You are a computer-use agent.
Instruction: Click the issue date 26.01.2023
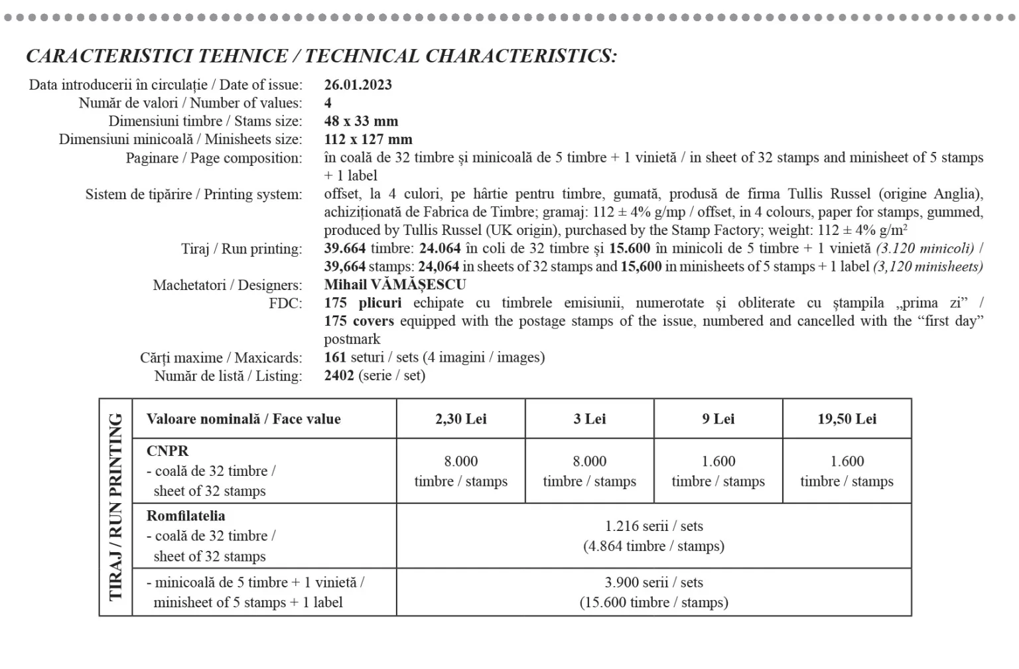[x=358, y=85]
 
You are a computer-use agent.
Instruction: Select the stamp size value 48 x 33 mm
[x=361, y=121]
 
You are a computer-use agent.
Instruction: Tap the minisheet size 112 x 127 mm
[x=368, y=140]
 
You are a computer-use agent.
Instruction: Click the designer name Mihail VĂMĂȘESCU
[x=395, y=285]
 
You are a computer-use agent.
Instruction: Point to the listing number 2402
[x=339, y=376]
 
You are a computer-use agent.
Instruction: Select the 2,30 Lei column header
[x=460, y=419]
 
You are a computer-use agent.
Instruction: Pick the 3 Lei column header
[x=589, y=419]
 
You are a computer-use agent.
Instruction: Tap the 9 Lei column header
[x=718, y=419]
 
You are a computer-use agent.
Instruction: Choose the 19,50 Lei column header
[x=847, y=419]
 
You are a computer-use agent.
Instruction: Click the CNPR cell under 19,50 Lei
[x=847, y=471]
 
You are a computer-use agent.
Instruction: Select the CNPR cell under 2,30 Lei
[x=460, y=471]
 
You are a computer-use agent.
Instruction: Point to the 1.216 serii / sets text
[x=653, y=526]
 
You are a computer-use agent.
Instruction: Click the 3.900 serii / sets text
[x=653, y=583]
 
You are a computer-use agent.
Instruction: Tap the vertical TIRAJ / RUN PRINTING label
[x=116, y=507]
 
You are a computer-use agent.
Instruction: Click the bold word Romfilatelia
[x=186, y=516]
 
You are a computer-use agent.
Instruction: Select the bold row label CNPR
[x=167, y=451]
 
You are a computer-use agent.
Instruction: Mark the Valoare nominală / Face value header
[x=243, y=419]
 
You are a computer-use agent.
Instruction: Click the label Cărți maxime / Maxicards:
[x=220, y=358]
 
